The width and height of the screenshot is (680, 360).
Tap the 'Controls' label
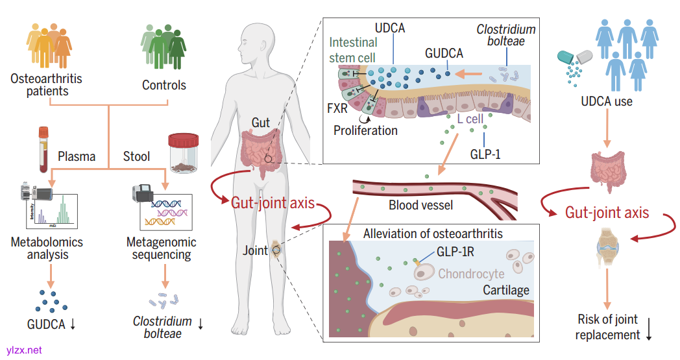tap(164, 85)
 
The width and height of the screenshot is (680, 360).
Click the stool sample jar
tap(183, 153)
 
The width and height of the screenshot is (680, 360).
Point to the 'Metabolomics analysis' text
tap(47, 248)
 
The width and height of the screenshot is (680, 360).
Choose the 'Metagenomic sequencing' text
tap(162, 248)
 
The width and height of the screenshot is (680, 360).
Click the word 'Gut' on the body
tap(261, 123)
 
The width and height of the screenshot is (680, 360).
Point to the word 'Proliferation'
tap(365, 130)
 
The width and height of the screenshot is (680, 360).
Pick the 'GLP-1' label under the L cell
tap(485, 155)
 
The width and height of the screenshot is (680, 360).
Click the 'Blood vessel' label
tap(420, 206)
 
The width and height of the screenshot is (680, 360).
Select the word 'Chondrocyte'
tap(471, 274)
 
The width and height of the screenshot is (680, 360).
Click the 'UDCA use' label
tap(607, 101)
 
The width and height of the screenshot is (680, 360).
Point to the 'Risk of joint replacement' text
tap(608, 327)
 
